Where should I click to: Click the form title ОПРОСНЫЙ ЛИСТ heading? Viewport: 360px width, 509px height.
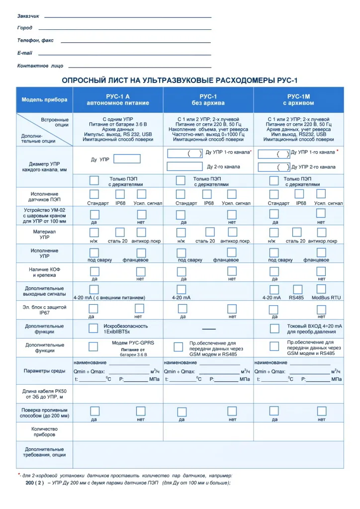pyautogui.click(x=179, y=80)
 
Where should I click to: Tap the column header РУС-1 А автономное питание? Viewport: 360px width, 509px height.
pyautogui.click(x=118, y=99)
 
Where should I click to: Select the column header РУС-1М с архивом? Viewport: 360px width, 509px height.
pyautogui.click(x=298, y=99)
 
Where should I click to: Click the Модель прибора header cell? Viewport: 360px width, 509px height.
pyautogui.click(x=44, y=99)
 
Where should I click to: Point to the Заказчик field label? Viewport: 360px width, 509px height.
pyautogui.click(x=28, y=16)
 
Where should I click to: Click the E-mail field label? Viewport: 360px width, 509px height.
pyautogui.click(x=25, y=53)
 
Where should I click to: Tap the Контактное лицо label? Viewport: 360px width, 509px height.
pyautogui.click(x=40, y=66)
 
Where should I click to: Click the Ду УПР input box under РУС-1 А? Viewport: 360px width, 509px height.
pyautogui.click(x=127, y=159)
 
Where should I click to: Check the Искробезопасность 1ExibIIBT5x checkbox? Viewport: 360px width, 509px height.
pyautogui.click(x=93, y=328)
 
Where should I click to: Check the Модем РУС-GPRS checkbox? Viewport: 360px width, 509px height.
pyautogui.click(x=93, y=346)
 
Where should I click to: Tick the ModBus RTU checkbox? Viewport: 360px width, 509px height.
pyautogui.click(x=321, y=289)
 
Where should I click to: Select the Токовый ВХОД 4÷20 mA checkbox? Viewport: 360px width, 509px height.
pyautogui.click(x=274, y=328)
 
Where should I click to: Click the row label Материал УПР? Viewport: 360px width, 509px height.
pyautogui.click(x=44, y=235)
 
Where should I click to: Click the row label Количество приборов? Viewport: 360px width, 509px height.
pyautogui.click(x=44, y=431)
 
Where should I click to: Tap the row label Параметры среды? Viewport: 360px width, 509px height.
pyautogui.click(x=44, y=371)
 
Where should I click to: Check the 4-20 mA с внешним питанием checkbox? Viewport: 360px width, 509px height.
pyautogui.click(x=93, y=289)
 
